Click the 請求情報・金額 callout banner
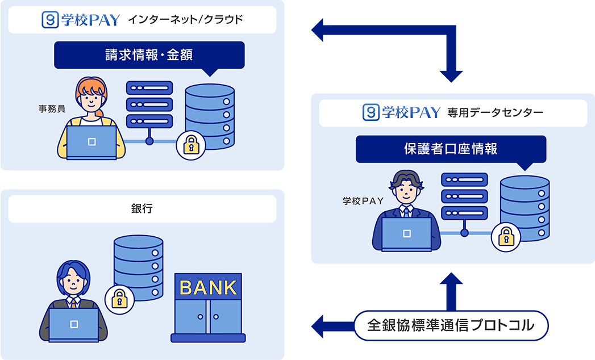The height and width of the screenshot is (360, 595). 149,55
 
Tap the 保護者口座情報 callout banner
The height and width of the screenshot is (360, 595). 451,149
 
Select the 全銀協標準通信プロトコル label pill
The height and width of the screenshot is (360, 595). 451,326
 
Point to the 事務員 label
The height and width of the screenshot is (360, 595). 49,108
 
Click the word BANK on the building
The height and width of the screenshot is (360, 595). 208,288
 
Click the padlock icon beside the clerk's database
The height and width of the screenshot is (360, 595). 189,145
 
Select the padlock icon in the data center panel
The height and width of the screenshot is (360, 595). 504,237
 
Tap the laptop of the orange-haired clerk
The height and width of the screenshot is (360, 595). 91,143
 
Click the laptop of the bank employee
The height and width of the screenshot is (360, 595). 73,325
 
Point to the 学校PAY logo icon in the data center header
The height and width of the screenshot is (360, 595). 371,112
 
